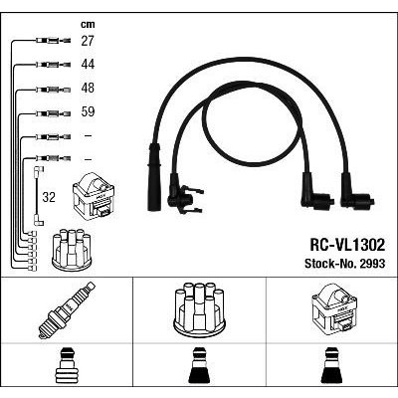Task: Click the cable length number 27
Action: click(88, 41)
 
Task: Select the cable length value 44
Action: click(88, 64)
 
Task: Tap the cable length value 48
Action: click(88, 88)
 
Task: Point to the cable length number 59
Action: click(88, 111)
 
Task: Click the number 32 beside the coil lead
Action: click(49, 197)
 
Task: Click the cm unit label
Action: click(88, 24)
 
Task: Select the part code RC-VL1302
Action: click(347, 245)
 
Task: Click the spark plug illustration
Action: click(68, 310)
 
